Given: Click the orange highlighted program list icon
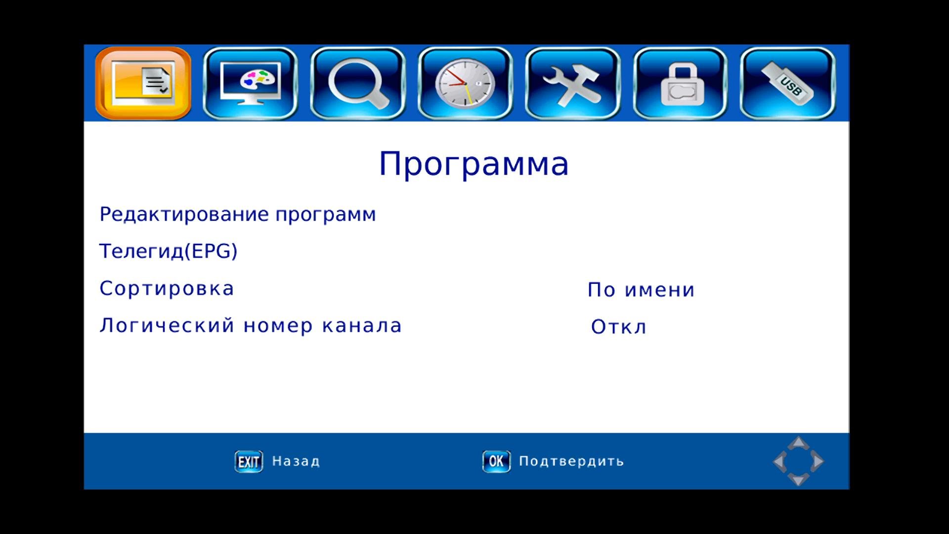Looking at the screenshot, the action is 143,83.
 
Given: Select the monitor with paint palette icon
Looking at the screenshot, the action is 250,83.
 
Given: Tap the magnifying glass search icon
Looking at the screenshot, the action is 358,83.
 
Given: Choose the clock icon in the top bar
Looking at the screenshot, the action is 465,83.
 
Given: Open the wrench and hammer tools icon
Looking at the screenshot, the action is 572,83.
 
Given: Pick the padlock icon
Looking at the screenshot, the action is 680,83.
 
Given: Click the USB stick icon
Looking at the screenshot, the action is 788,83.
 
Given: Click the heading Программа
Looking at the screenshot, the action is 474,164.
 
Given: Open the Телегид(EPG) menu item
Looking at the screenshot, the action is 169,251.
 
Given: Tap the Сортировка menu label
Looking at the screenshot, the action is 167,289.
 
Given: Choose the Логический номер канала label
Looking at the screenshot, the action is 251,326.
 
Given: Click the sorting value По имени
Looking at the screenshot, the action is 641,290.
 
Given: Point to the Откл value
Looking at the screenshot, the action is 619,327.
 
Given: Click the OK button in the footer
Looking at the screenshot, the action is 496,461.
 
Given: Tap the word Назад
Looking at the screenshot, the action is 296,461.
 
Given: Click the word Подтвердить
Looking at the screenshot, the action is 571,461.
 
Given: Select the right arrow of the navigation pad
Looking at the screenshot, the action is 818,461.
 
